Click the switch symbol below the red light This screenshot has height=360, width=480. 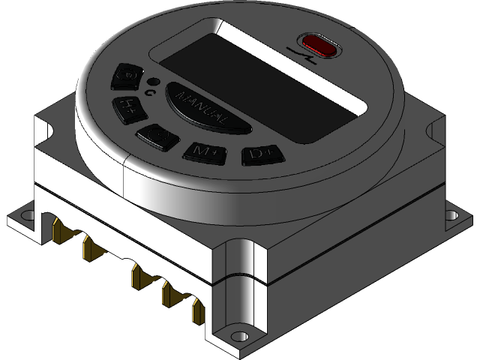coord(303,58)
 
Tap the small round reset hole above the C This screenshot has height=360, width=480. coord(153,81)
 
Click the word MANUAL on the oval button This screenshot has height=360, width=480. coord(199,107)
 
